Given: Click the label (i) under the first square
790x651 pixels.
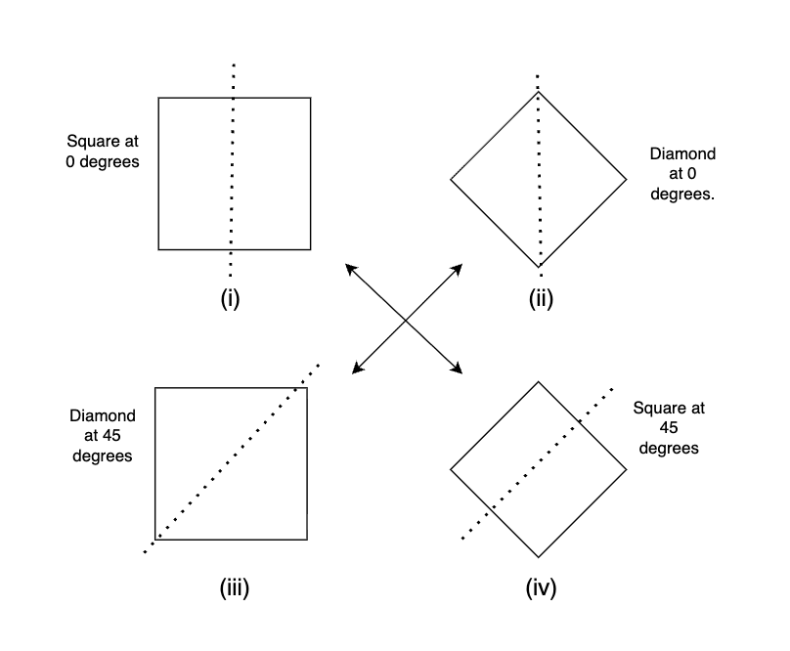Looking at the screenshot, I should pyautogui.click(x=231, y=299).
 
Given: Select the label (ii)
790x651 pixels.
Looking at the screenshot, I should pyautogui.click(x=540, y=299).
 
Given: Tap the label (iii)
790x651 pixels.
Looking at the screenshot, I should pyautogui.click(x=234, y=588).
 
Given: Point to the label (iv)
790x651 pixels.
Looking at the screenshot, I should pyautogui.click(x=540, y=588).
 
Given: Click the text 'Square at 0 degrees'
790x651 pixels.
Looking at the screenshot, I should pyautogui.click(x=103, y=151).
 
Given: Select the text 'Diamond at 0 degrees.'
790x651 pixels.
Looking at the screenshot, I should pyautogui.click(x=682, y=174).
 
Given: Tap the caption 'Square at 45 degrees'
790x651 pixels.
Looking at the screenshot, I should pyautogui.click(x=669, y=428).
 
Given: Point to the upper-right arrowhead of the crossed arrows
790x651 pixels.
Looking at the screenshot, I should pyautogui.click(x=461, y=265).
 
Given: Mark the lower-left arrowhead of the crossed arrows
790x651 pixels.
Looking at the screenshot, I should pyautogui.click(x=353, y=372).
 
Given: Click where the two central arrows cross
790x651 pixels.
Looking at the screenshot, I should pyautogui.click(x=405, y=319).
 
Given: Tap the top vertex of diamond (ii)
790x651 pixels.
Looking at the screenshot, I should pyautogui.click(x=538, y=91).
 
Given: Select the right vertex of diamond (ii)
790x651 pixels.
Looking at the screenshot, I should pyautogui.click(x=627, y=179).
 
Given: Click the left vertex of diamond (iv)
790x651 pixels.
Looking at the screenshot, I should pyautogui.click(x=450, y=470).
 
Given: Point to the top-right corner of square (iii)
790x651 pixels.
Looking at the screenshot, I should pyautogui.click(x=307, y=388).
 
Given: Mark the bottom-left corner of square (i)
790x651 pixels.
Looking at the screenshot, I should pyautogui.click(x=158, y=249).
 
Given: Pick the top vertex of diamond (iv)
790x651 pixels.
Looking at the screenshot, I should pyautogui.click(x=538, y=381).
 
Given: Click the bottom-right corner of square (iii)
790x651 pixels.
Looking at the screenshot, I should pyautogui.click(x=307, y=539).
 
